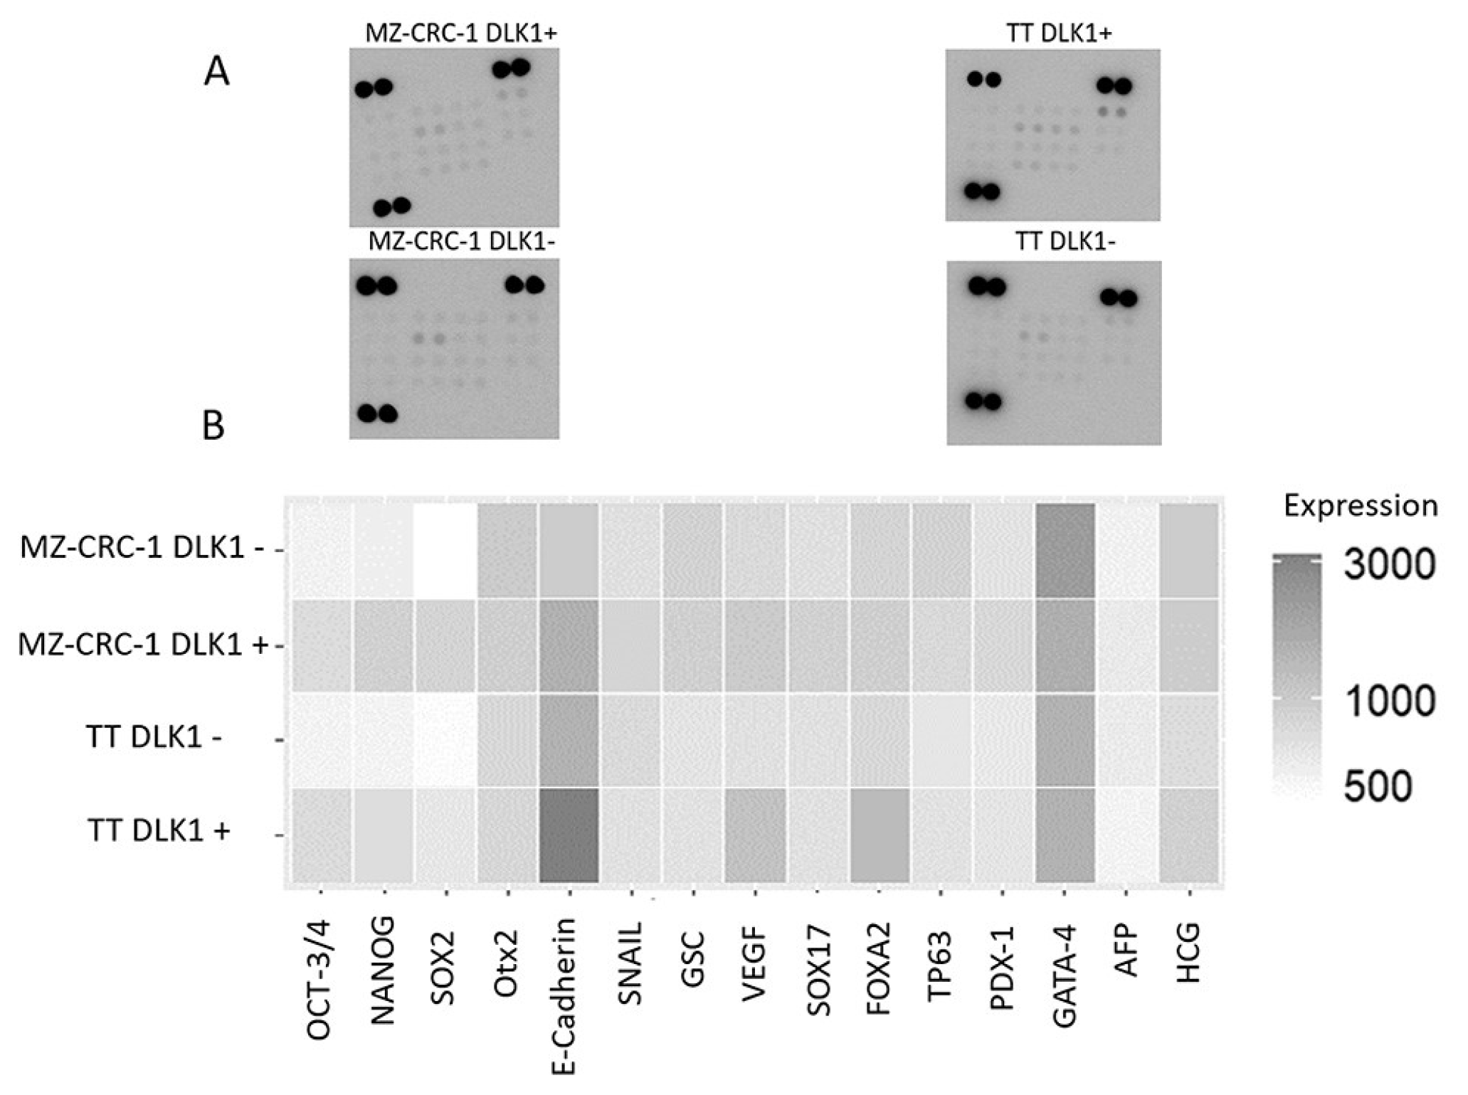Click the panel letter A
[216, 73]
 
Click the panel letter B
[213, 425]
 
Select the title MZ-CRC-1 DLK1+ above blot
[461, 34]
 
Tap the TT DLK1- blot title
[1065, 243]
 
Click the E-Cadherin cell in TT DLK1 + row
[569, 835]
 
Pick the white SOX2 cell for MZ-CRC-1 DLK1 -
[444, 551]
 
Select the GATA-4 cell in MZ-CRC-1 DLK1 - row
[1065, 551]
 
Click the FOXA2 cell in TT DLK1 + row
[879, 835]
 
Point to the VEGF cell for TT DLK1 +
[754, 835]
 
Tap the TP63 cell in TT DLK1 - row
[941, 740]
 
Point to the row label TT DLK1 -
[154, 738]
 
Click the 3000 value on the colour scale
[1388, 564]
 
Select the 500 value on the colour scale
[1378, 788]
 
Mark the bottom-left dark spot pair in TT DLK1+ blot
[982, 191]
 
